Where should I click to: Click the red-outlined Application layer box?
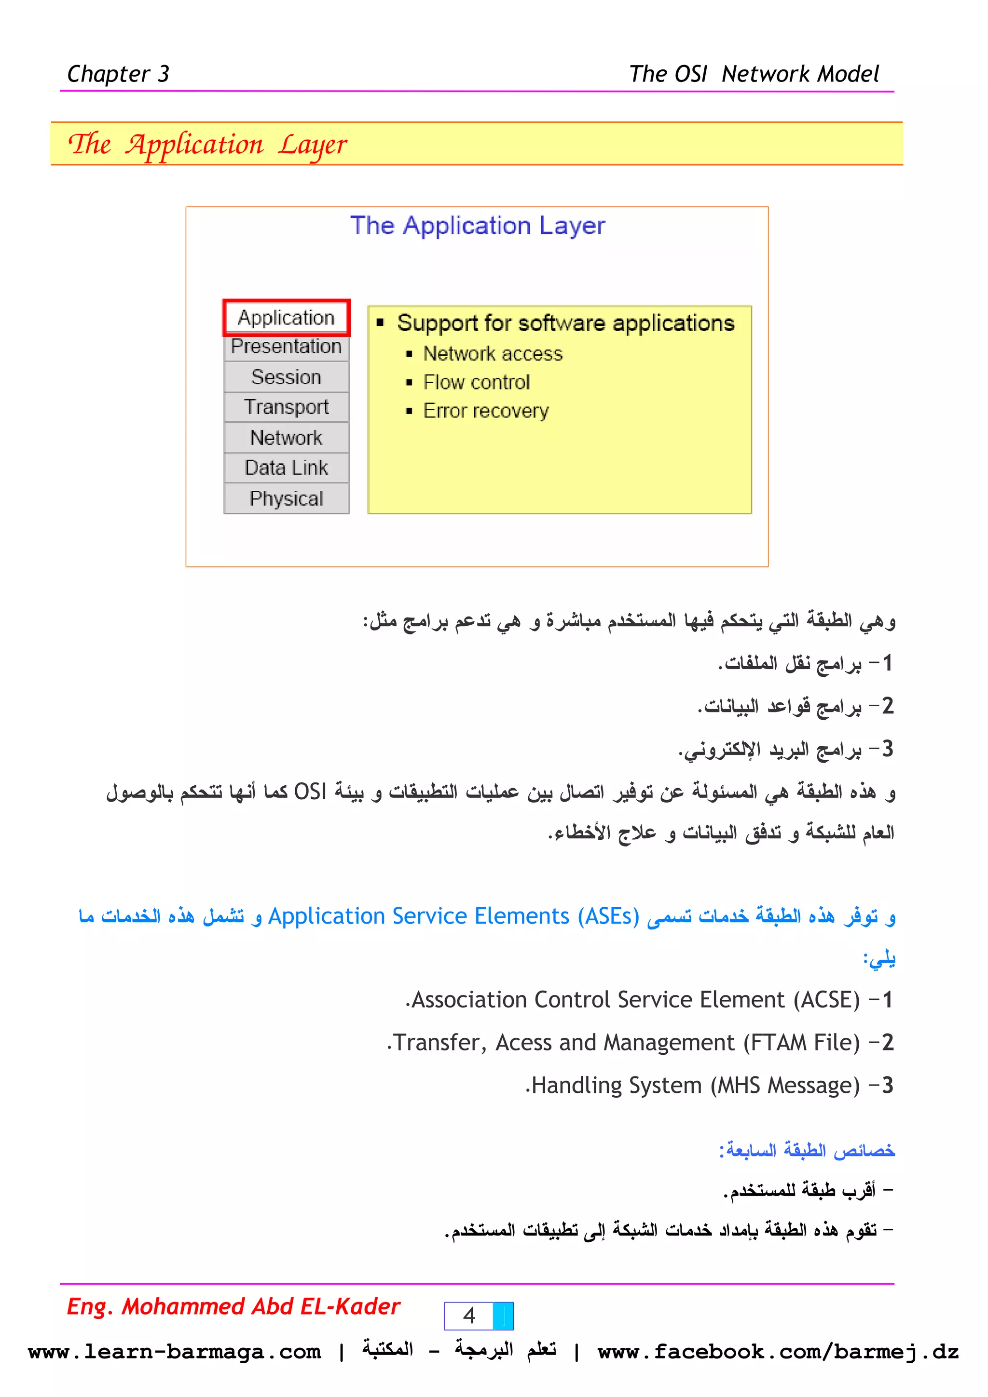[x=286, y=318]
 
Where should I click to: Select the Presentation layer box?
[x=286, y=347]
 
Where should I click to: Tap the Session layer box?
[x=286, y=377]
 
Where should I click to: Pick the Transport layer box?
[x=286, y=407]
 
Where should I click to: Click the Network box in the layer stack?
[x=286, y=438]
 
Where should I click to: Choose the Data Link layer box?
[x=286, y=468]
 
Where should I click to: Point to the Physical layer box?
[x=286, y=498]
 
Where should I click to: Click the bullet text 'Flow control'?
[x=476, y=382]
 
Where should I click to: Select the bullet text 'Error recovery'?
[x=485, y=411]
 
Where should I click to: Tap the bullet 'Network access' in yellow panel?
[x=493, y=353]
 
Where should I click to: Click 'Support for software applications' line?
[x=565, y=323]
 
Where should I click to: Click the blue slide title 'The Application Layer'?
[x=477, y=226]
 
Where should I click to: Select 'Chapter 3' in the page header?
[x=118, y=74]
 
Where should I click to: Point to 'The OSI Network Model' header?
[x=754, y=74]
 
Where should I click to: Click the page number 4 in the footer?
[x=469, y=1316]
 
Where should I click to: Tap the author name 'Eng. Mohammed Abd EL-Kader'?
[x=233, y=1306]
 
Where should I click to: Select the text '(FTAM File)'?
[x=801, y=1042]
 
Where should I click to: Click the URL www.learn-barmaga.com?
[x=174, y=1352]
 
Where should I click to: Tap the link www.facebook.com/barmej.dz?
[x=777, y=1352]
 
